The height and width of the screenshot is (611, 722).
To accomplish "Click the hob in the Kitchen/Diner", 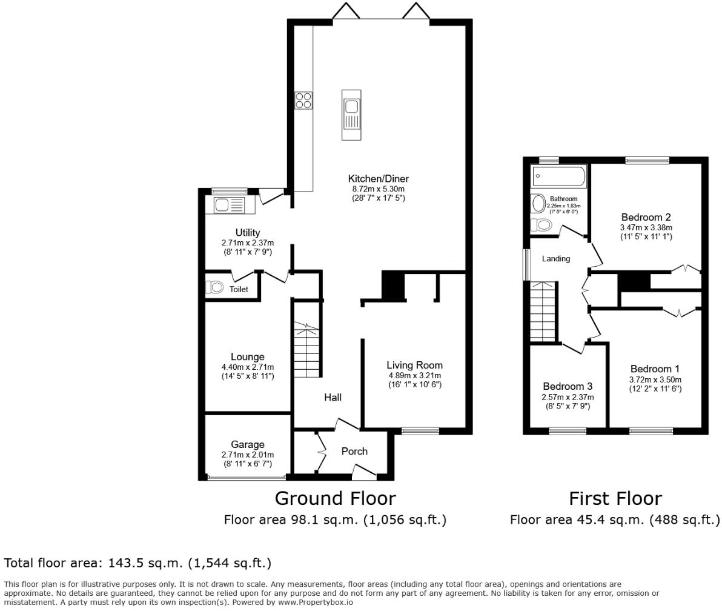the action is pos(303,101).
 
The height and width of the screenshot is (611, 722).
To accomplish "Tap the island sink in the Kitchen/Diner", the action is pos(351,115).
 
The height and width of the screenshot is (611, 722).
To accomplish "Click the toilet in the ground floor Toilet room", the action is pos(214,287).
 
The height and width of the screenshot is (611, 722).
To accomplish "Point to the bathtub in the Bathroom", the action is pos(558,176).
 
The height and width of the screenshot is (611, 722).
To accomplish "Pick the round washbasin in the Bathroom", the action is pos(538,203).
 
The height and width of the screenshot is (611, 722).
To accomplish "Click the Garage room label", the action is pos(248,445).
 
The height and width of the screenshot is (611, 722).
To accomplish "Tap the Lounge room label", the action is pos(248,356).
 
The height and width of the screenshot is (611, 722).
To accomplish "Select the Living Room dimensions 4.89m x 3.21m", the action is pos(414,376).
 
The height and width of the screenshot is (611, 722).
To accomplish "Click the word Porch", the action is pos(354,452).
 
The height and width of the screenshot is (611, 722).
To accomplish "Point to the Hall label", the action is pos(333,397).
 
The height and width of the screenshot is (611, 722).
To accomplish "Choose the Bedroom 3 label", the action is pos(568,386).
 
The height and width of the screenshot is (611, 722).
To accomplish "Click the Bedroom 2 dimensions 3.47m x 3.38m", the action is pos(646,228).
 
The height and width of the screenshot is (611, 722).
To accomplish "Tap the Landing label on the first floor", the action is pos(556,259).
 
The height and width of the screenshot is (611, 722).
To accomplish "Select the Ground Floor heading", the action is pos(335,499).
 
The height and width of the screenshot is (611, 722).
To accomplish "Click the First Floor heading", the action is pos(615,499).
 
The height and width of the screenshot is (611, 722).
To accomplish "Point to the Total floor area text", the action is pos(137,563).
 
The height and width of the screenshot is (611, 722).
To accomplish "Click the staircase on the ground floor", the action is pos(307,350).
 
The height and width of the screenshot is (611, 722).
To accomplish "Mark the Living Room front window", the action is pos(420,432).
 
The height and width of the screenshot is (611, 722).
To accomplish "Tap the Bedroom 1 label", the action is pos(655,369).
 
